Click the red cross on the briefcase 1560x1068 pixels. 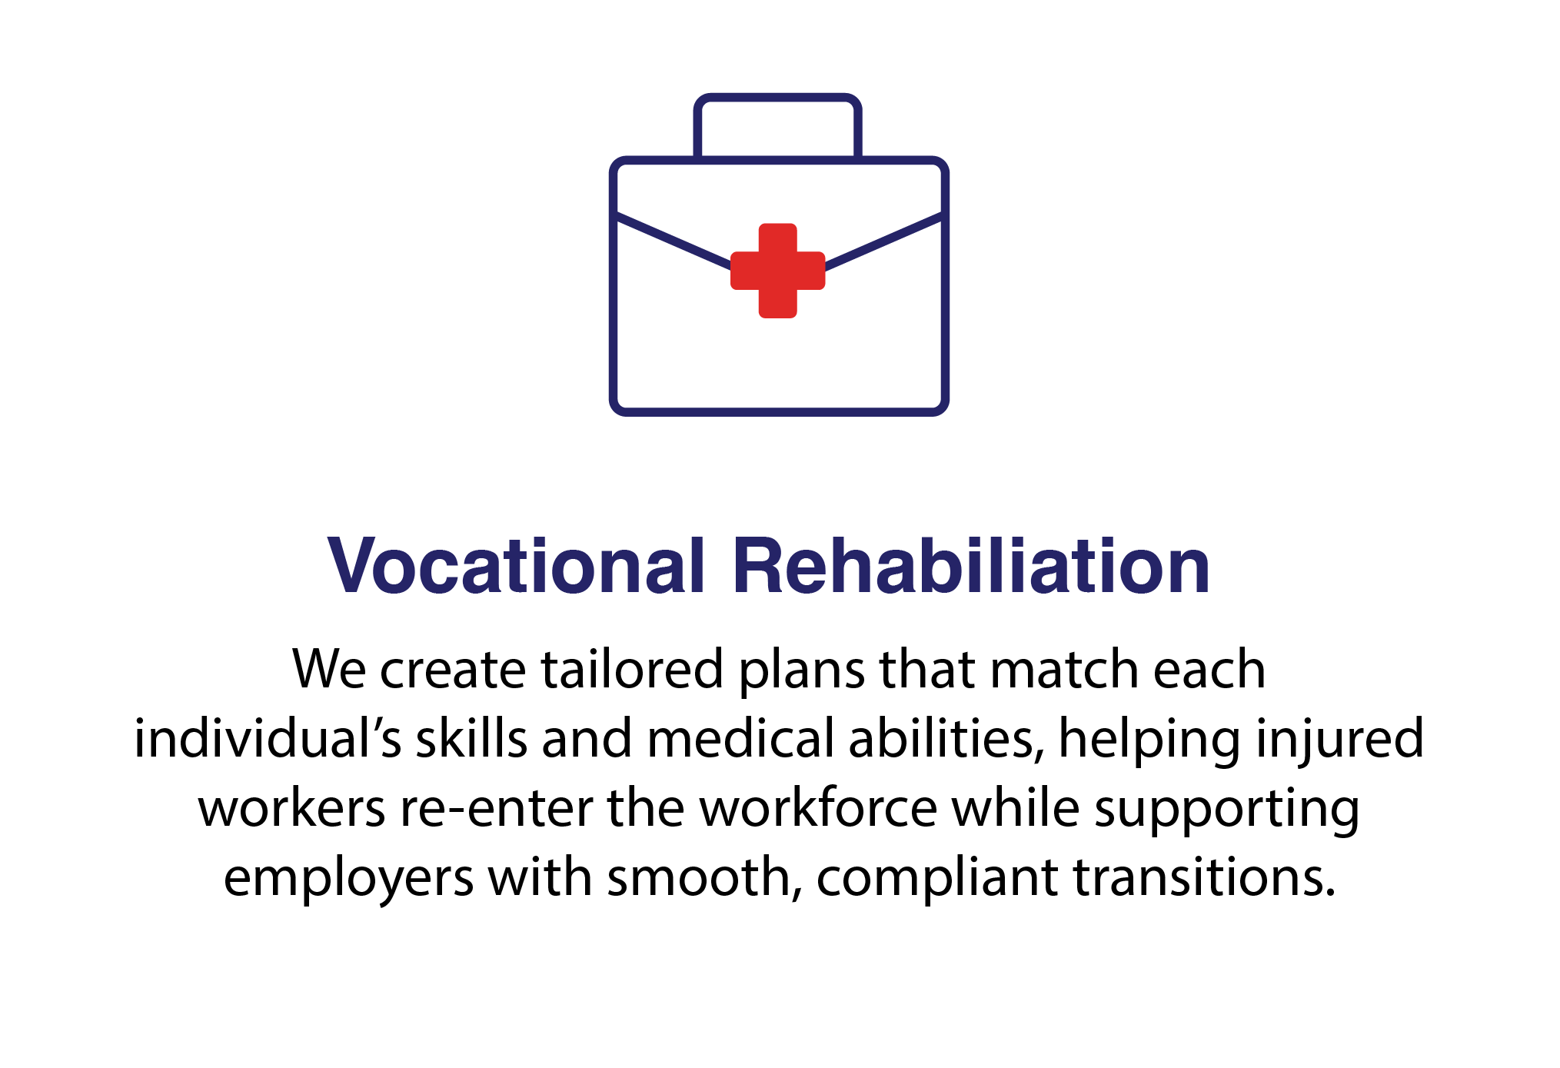tap(777, 271)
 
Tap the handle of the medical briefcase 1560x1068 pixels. tap(777, 98)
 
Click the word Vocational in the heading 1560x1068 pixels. tap(515, 566)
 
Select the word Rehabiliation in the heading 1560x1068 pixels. tap(971, 566)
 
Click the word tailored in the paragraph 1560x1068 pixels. tap(632, 669)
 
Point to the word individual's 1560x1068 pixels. tap(268, 738)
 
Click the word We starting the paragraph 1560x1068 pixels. tap(330, 669)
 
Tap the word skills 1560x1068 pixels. tap(471, 738)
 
